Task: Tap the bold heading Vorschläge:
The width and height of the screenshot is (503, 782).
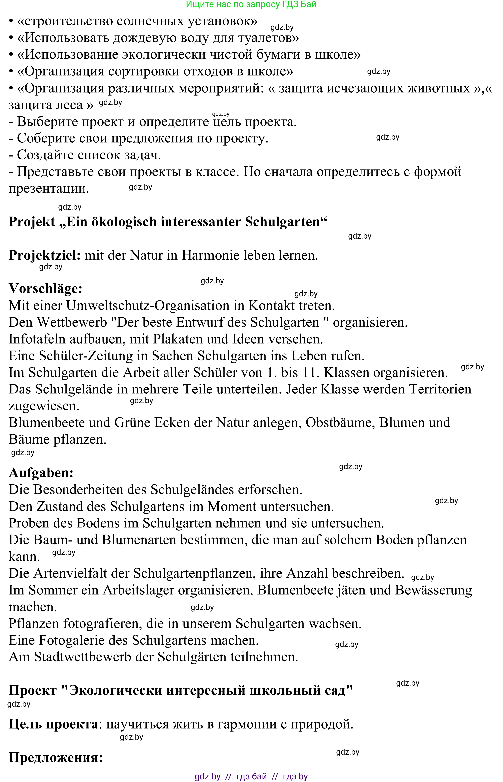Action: coord(45,289)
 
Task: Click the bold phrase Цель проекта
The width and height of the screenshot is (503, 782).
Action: coord(53,724)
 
